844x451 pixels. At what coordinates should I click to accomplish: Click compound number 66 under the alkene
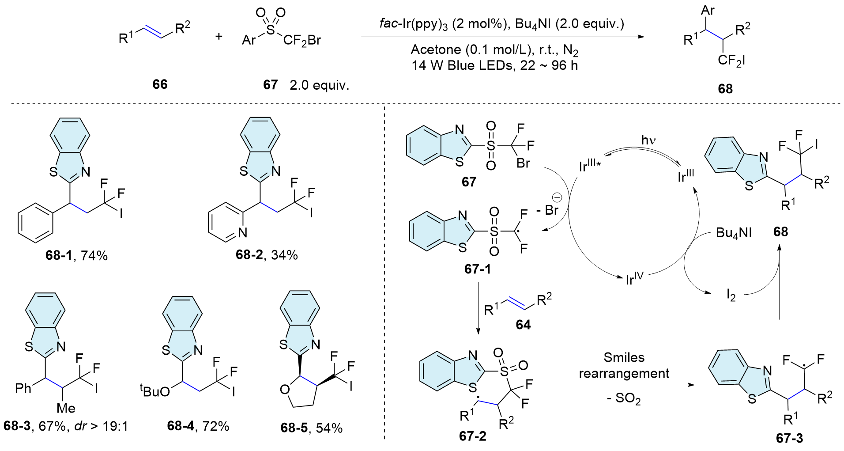click(x=160, y=84)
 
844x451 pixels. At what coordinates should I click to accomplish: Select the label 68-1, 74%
click(x=76, y=255)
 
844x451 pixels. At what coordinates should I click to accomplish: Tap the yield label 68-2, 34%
click(x=267, y=255)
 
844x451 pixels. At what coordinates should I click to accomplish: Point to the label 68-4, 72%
click(x=198, y=426)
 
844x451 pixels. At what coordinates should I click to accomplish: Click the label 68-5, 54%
click(x=311, y=428)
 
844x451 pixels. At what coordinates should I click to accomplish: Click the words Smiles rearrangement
click(x=624, y=365)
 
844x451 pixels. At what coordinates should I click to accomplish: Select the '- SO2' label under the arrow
click(x=624, y=399)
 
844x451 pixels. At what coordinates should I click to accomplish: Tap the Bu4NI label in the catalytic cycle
click(x=734, y=233)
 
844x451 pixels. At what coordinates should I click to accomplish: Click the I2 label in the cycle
click(x=731, y=296)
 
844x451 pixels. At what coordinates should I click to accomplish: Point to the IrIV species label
click(x=635, y=279)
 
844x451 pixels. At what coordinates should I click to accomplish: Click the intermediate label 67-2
click(x=473, y=436)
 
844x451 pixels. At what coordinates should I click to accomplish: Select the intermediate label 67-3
click(x=790, y=438)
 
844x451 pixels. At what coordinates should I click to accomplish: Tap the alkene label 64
click(x=523, y=325)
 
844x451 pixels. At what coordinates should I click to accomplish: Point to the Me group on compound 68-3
click(x=66, y=408)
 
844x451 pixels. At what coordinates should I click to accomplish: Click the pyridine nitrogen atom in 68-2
click(x=242, y=232)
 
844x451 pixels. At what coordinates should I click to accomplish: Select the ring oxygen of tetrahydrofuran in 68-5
click(x=285, y=390)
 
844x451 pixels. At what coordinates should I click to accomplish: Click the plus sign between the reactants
click(x=219, y=36)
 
